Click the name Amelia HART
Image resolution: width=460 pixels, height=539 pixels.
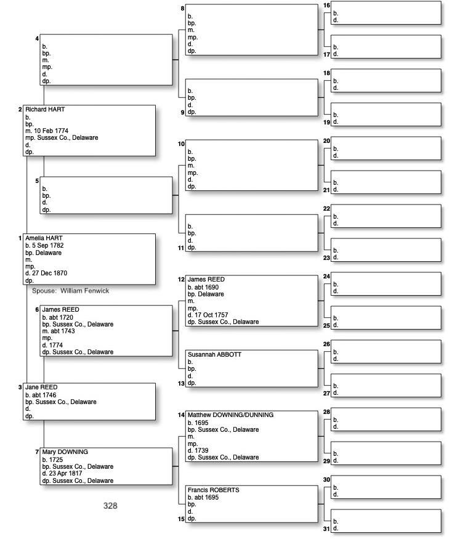pyautogui.click(x=44, y=238)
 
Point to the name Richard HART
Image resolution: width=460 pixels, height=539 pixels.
pyautogui.click(x=45, y=110)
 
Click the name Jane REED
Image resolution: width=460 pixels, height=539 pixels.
pyautogui.click(x=41, y=387)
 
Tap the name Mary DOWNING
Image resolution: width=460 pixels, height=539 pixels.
pyautogui.click(x=65, y=452)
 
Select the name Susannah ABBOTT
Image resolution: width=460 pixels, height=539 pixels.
pyautogui.click(x=214, y=355)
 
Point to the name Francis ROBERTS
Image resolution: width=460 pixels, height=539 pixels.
pyautogui.click(x=213, y=490)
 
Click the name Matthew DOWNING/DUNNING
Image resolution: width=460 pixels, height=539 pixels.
pyautogui.click(x=230, y=415)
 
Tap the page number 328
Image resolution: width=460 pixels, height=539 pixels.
pyautogui.click(x=110, y=506)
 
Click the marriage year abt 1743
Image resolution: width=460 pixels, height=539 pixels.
pyautogui.click(x=62, y=331)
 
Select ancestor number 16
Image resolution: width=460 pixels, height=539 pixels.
pyautogui.click(x=327, y=5)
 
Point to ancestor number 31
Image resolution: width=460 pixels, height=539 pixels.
pyautogui.click(x=327, y=529)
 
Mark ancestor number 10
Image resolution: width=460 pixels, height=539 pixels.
pyautogui.click(x=181, y=144)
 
